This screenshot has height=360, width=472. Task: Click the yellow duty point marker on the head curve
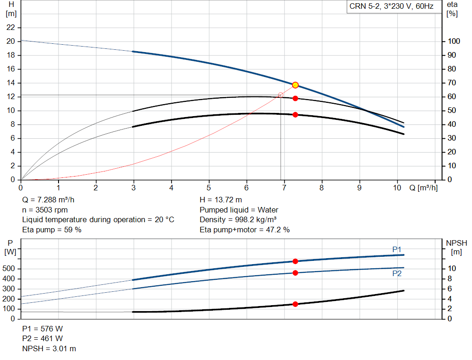[295, 85]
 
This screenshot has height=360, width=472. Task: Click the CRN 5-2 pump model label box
[391, 7]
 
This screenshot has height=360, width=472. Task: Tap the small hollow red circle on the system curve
[281, 95]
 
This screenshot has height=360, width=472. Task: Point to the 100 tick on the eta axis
[454, 41]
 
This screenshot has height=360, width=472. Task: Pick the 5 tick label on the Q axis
[209, 188]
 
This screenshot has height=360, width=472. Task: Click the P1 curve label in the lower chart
[397, 249]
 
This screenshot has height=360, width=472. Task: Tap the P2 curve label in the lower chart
[397, 273]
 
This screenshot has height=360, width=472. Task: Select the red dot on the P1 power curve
[295, 261]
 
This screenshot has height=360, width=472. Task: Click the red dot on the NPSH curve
[295, 304]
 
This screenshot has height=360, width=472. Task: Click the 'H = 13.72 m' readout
[221, 200]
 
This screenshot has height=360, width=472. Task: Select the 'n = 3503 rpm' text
[45, 210]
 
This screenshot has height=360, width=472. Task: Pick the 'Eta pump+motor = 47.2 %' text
[245, 230]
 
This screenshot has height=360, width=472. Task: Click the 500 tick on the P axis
[11, 269]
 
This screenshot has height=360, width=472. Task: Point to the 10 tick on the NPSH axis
[452, 269]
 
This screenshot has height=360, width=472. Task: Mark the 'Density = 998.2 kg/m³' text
[238, 219]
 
